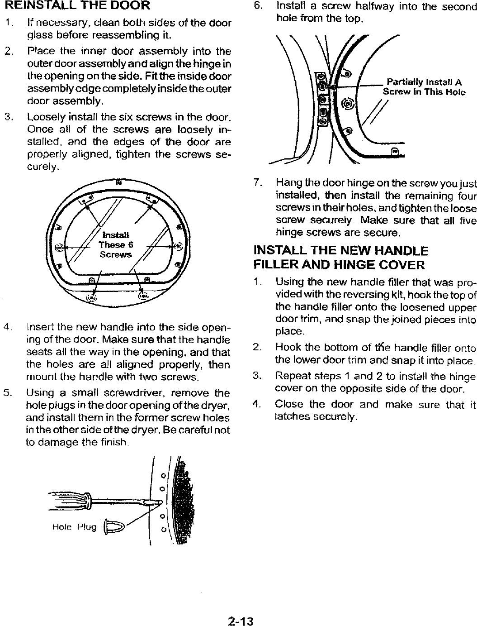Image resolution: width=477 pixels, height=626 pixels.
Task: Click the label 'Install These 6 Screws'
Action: [116, 245]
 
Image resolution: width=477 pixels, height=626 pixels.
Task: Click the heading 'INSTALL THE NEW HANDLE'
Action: [341, 251]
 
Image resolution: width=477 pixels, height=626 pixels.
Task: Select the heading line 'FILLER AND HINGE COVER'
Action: [339, 264]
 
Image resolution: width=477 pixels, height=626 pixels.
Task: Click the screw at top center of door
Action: [118, 183]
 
